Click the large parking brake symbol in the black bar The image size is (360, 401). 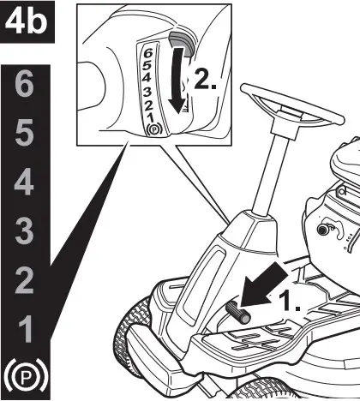tap(27, 375)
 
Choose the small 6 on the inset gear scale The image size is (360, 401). tap(148, 53)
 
